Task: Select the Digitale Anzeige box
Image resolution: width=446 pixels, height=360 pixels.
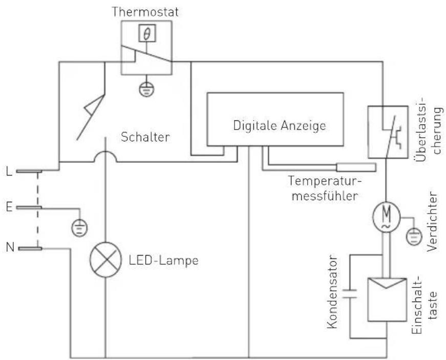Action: pyautogui.click(x=274, y=119)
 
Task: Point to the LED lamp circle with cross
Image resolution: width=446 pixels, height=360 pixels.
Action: pyautogui.click(x=105, y=260)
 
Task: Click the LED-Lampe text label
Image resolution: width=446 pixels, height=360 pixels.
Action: pyautogui.click(x=163, y=260)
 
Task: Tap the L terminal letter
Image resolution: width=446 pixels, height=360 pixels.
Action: pyautogui.click(x=9, y=171)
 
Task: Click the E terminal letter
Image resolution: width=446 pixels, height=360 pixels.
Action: pyautogui.click(x=9, y=207)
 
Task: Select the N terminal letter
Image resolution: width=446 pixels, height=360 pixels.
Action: pyautogui.click(x=9, y=248)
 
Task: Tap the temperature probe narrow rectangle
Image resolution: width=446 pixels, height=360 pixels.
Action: pyautogui.click(x=356, y=167)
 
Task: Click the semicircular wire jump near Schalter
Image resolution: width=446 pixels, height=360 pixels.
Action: pyautogui.click(x=105, y=154)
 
